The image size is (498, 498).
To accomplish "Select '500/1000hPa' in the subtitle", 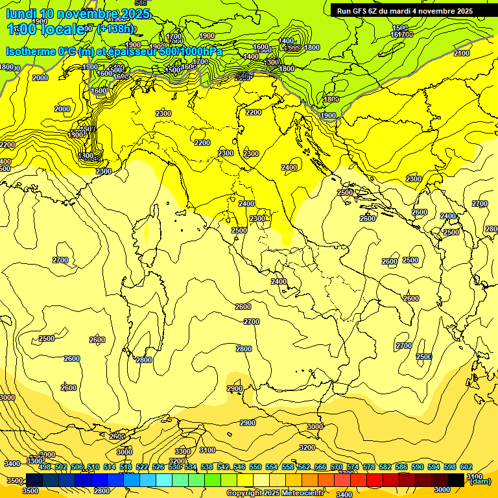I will pos(192,51).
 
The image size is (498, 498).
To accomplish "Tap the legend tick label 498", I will pos(45,467).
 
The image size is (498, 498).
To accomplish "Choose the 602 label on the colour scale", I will pos(466,467).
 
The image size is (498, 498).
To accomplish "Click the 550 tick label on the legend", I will pos(255,467).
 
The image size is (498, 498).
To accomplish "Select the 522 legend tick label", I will pos(142,467).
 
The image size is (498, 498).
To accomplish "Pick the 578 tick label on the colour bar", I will pos(369,467).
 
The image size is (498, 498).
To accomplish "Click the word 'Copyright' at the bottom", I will pos(245,493).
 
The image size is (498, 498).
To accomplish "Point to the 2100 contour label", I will pos(462,53).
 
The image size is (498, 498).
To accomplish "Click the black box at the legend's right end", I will pos(456,480).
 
